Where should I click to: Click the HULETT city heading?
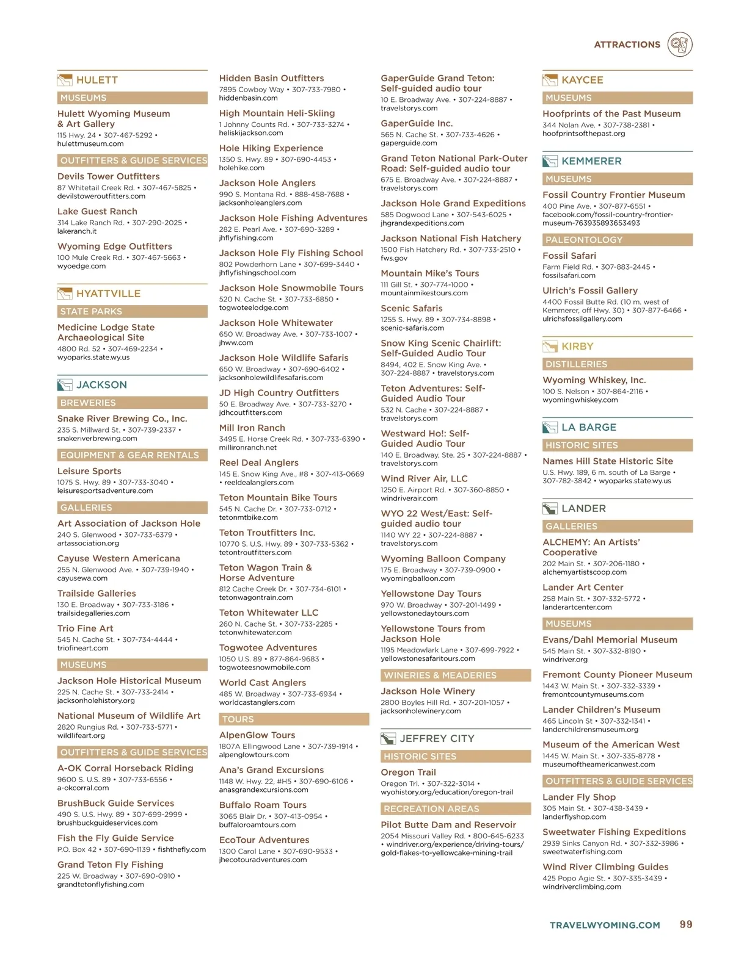[x=97, y=80]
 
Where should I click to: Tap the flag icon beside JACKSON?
[x=64, y=385]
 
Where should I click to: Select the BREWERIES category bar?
[x=132, y=403]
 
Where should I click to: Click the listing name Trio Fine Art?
[x=86, y=628]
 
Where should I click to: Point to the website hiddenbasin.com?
[x=248, y=98]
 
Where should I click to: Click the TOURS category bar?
[x=293, y=719]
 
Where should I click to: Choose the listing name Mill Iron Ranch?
[x=252, y=428]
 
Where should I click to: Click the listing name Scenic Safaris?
[x=411, y=309]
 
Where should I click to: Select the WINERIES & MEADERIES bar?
[x=455, y=675]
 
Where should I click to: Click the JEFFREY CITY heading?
[x=437, y=738]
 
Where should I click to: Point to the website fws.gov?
[x=394, y=259]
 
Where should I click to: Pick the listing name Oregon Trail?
[x=408, y=772]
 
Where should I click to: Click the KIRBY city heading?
[x=577, y=347]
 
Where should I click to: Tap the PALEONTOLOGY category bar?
[x=617, y=240]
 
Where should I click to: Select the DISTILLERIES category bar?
[x=617, y=364]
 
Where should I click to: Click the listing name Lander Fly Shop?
[x=579, y=797]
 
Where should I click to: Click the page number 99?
[x=686, y=925]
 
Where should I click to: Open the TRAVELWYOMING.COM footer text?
[x=605, y=926]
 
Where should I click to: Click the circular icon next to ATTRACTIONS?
[x=679, y=45]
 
